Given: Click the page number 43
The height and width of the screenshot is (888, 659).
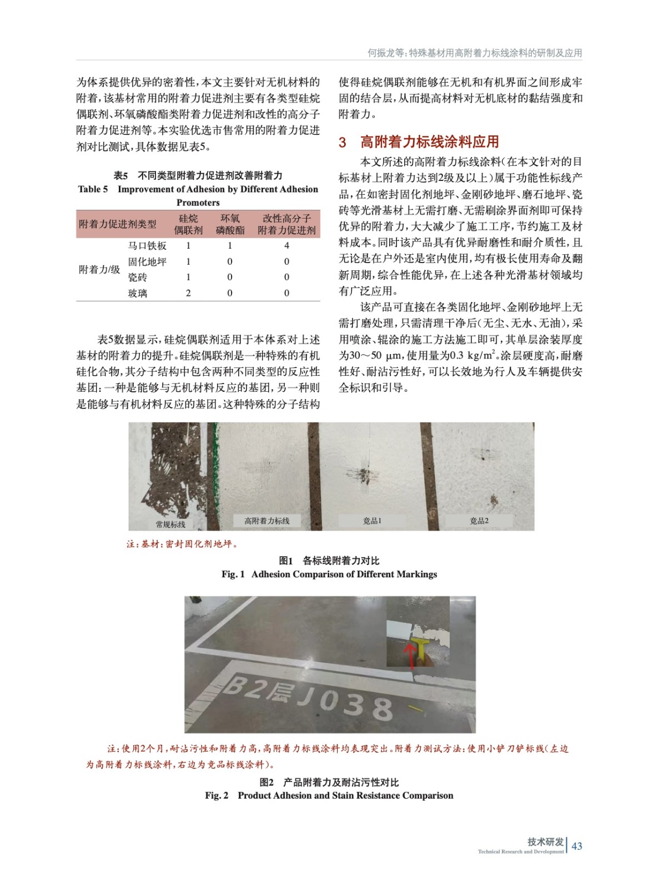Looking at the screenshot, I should pyautogui.click(x=577, y=846).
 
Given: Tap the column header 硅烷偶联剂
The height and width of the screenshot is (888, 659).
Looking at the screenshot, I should pyautogui.click(x=188, y=224).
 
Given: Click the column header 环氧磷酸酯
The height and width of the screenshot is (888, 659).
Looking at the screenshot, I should pyautogui.click(x=230, y=224).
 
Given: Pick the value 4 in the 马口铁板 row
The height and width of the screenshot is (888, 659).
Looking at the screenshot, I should pyautogui.click(x=286, y=245).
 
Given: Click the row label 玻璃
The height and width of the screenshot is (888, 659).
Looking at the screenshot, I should pyautogui.click(x=138, y=293).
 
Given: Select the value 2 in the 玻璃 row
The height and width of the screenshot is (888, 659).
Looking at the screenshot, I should pyautogui.click(x=188, y=293).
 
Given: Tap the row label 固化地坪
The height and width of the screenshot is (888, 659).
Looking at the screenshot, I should pyautogui.click(x=147, y=261).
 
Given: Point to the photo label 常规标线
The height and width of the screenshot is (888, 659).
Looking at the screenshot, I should pyautogui.click(x=170, y=524).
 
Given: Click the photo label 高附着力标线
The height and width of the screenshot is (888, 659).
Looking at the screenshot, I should pyautogui.click(x=267, y=521).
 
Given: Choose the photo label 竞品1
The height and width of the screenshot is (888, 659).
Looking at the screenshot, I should pyautogui.click(x=372, y=521).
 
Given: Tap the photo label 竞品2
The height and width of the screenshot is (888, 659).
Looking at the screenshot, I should pyautogui.click(x=479, y=521).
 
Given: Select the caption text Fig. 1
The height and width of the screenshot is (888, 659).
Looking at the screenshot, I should pyautogui.click(x=233, y=574).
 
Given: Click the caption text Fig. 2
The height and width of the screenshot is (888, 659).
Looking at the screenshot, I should pyautogui.click(x=217, y=795).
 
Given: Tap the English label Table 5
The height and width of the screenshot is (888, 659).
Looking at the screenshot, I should pyautogui.click(x=93, y=189).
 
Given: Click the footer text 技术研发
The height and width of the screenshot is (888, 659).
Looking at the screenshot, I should pyautogui.click(x=545, y=842).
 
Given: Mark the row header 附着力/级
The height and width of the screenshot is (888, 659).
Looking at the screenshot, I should pyautogui.click(x=99, y=270).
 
